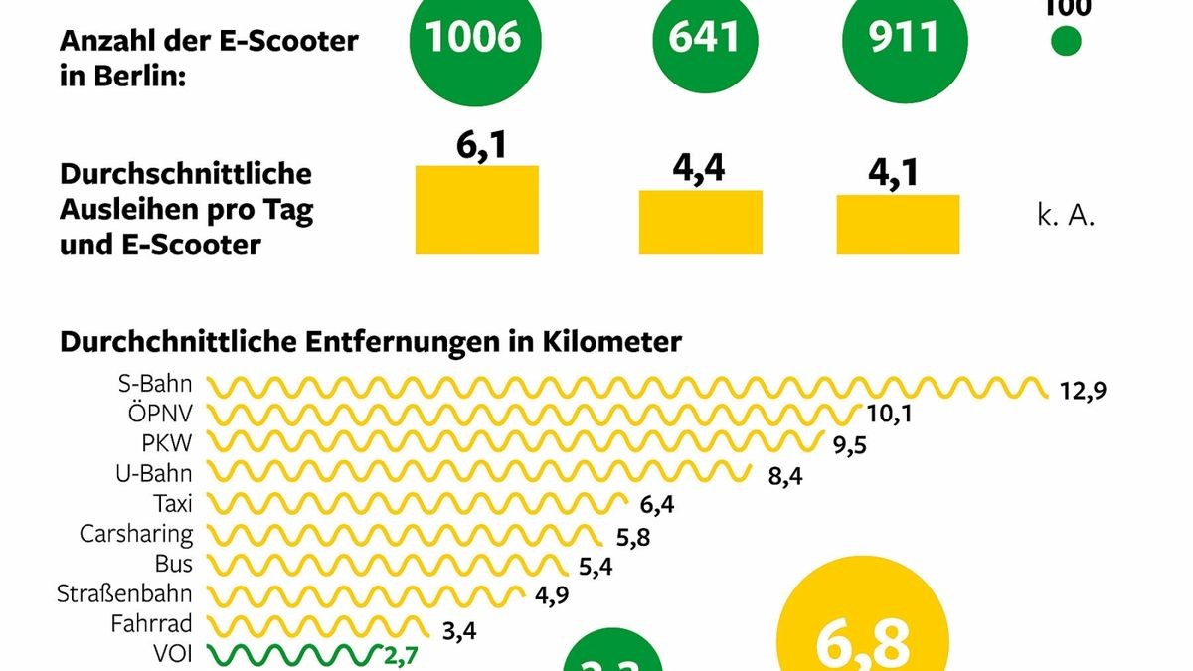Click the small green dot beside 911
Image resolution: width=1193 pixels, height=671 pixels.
(x=1066, y=42)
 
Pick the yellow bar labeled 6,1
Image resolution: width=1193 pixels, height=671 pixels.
(x=476, y=209)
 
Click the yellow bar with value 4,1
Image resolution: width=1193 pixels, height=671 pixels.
(x=898, y=224)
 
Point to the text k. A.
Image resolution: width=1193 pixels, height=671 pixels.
(x=1066, y=217)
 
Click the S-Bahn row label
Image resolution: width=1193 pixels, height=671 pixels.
(x=155, y=383)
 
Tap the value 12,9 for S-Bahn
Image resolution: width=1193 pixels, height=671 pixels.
(x=1083, y=390)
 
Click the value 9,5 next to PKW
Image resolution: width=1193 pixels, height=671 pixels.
(x=850, y=444)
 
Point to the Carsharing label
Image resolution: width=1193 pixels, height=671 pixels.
(x=136, y=534)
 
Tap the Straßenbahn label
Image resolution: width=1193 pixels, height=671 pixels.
(x=124, y=594)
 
